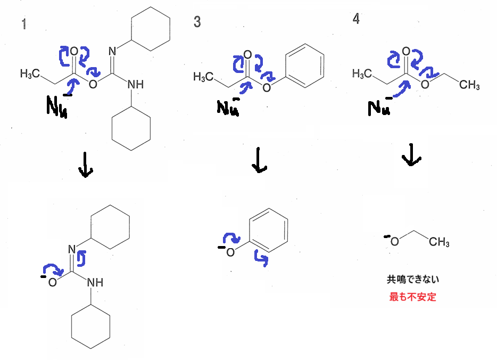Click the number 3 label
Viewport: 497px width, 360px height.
tap(197, 22)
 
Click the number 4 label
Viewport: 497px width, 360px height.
tap(356, 19)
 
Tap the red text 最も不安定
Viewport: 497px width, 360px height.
tap(412, 297)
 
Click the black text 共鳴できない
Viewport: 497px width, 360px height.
tap(413, 279)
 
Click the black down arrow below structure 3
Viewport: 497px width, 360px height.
tap(259, 160)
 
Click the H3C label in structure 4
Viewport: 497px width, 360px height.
tap(362, 73)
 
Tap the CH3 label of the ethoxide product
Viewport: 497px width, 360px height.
tap(439, 242)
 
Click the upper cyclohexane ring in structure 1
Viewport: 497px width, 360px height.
tap(151, 29)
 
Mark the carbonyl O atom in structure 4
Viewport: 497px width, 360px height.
tap(406, 52)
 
